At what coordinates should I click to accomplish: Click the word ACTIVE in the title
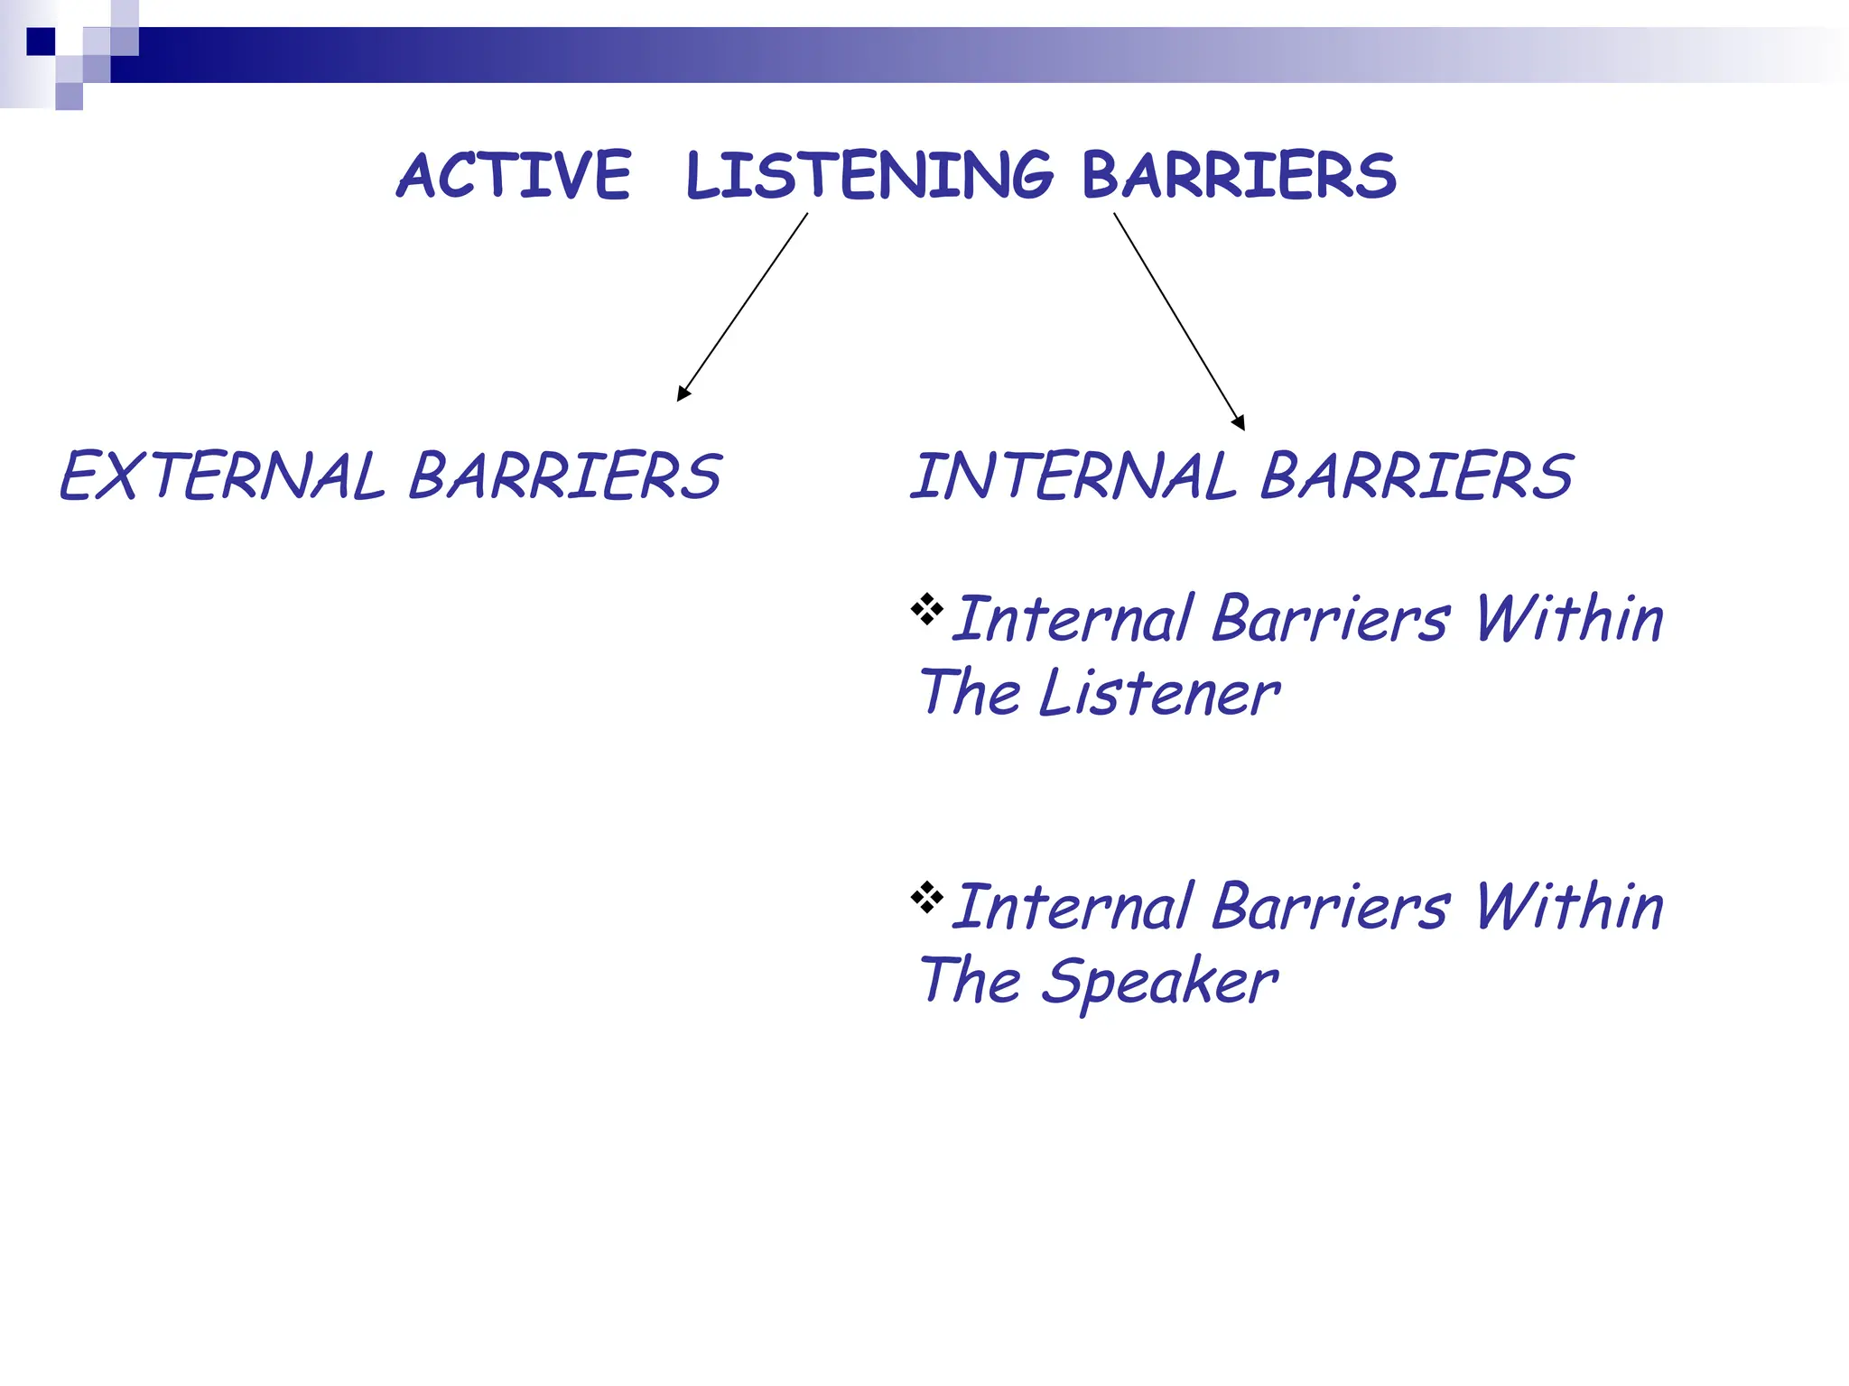click(514, 175)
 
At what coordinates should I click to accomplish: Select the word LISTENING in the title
click(869, 175)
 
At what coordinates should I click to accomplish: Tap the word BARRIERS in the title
click(1238, 175)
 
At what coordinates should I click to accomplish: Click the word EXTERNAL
click(222, 476)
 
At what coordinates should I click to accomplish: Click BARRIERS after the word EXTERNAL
click(565, 476)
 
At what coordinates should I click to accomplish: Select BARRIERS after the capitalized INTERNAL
click(1416, 476)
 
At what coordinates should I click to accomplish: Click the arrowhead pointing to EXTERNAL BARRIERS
click(683, 393)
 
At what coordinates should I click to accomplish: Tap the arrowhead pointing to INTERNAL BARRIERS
click(1240, 422)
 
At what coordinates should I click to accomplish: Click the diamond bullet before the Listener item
click(926, 609)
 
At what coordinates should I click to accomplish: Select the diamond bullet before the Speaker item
click(926, 897)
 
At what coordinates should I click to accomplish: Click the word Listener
click(1158, 694)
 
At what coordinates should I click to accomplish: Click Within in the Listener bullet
click(1568, 620)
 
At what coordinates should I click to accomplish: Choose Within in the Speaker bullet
click(1568, 908)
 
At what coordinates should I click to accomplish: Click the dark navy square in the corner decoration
click(41, 42)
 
